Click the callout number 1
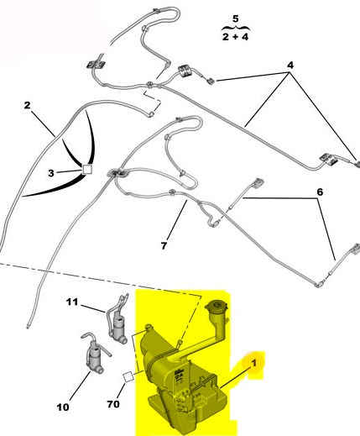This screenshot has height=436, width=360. [254, 363]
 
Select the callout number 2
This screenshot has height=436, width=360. [27, 105]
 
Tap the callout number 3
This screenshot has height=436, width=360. [51, 173]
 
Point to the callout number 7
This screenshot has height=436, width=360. [164, 245]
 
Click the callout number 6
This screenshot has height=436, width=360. [320, 192]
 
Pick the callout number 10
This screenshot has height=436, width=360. [63, 407]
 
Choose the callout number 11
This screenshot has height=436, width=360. [72, 302]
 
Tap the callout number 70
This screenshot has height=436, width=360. [113, 404]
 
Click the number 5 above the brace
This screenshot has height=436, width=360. [236, 18]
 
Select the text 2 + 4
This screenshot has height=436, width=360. [235, 37]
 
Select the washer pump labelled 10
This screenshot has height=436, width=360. [95, 355]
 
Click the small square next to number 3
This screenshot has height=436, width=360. [87, 170]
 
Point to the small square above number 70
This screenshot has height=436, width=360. [128, 376]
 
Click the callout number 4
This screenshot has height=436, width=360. [290, 65]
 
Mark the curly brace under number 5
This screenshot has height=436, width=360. [236, 28]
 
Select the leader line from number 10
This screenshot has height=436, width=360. [80, 386]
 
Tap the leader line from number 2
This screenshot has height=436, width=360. [43, 124]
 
